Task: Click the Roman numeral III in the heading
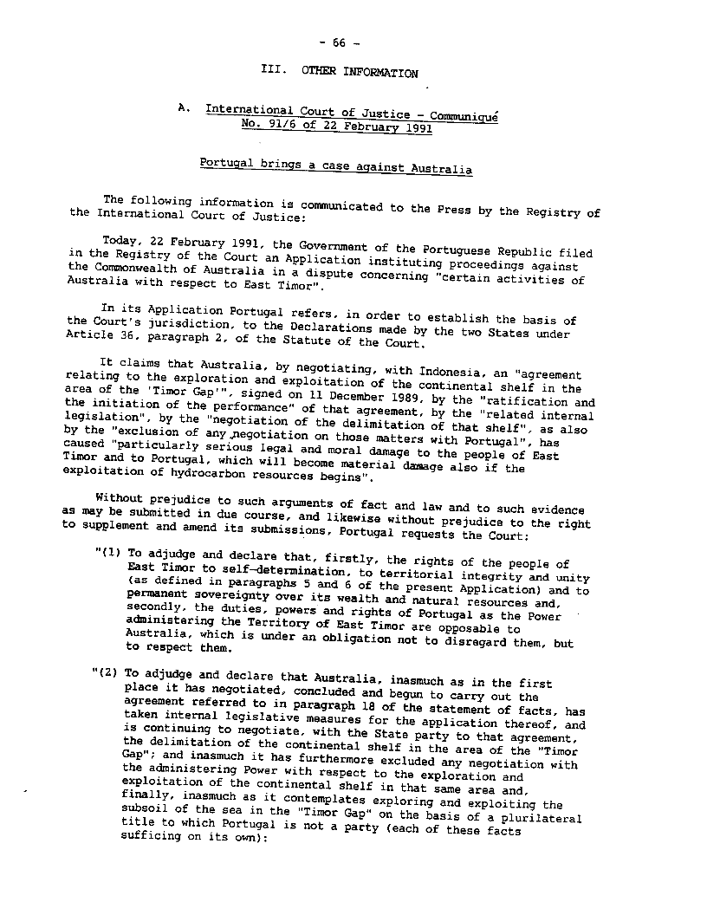coord(270,72)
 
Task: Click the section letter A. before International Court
coord(182,107)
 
